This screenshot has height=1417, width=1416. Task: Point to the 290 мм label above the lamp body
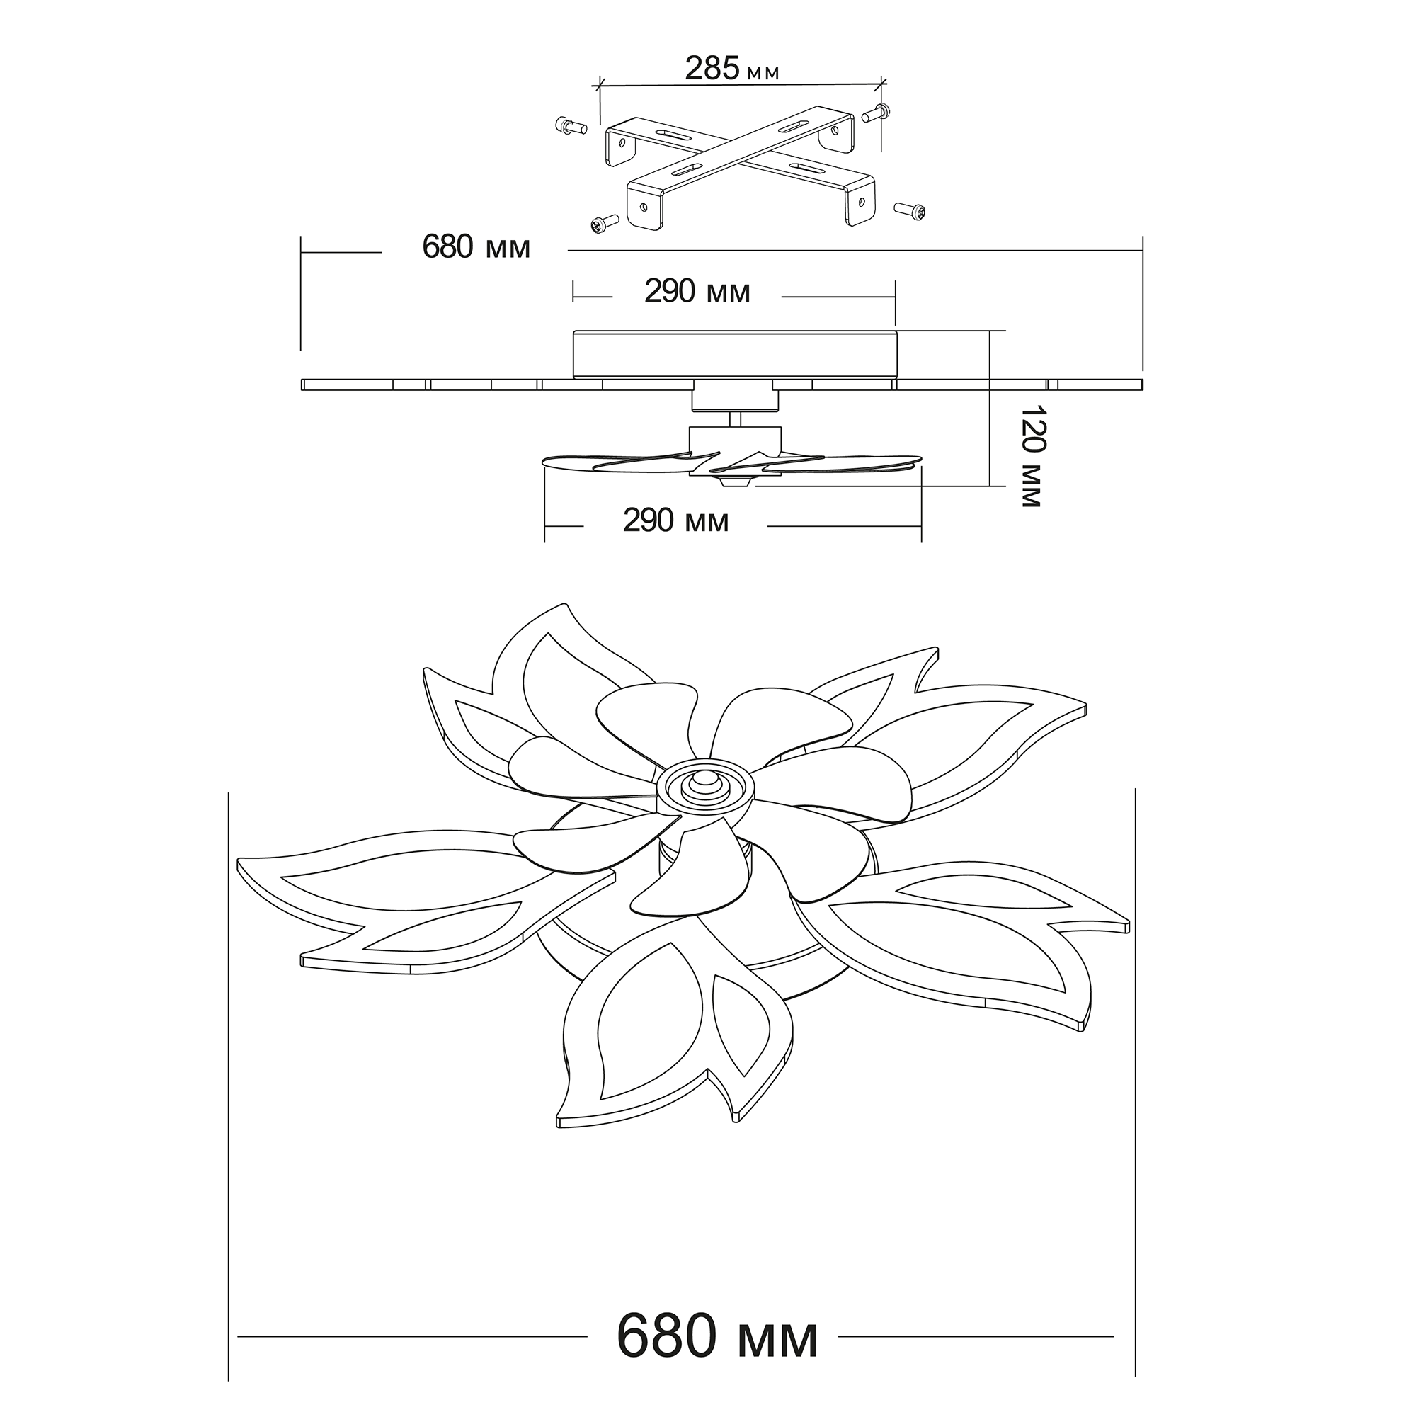click(x=697, y=292)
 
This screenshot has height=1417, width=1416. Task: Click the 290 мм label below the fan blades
click(x=675, y=520)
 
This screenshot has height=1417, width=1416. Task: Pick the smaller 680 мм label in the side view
click(x=476, y=248)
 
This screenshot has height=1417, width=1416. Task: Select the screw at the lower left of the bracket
click(x=603, y=224)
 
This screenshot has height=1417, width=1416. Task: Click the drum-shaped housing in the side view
click(x=734, y=353)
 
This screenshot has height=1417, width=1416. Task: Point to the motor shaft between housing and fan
click(x=736, y=419)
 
